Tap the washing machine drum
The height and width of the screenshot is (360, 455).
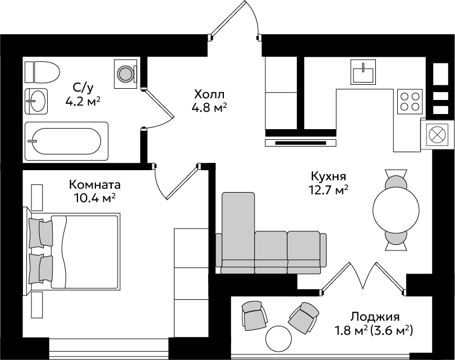click(125, 74)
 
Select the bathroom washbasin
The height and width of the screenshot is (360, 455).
click(36, 101)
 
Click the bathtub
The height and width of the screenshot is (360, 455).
click(66, 141)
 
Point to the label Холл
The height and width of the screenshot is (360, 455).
click(209, 94)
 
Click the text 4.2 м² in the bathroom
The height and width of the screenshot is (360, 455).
click(83, 102)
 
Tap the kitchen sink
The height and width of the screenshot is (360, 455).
click(363, 72)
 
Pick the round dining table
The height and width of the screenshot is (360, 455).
click(396, 209)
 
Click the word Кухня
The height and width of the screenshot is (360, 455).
click(328, 176)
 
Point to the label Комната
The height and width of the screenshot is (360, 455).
click(95, 185)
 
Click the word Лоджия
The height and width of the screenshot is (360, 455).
click(375, 316)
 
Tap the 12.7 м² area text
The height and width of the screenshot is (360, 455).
click(328, 190)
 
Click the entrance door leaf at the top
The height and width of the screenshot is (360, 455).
click(229, 19)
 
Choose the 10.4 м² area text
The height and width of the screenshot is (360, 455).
click(95, 198)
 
